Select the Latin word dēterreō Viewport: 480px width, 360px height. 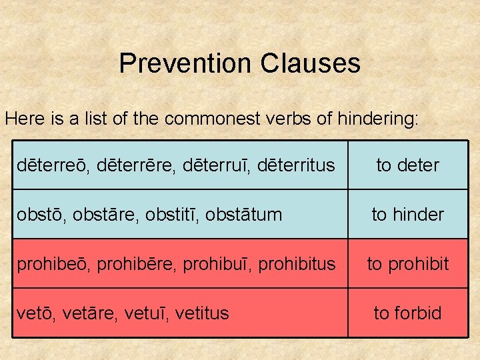click(51, 165)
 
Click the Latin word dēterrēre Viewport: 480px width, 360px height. click(129, 165)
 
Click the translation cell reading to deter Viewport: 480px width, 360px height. click(407, 165)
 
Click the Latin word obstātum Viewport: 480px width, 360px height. click(244, 215)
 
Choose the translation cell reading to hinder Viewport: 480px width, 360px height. click(407, 215)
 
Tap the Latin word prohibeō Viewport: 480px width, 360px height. click(54, 264)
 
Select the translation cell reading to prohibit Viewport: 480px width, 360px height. click(407, 264)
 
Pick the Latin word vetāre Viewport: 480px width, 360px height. click(85, 313)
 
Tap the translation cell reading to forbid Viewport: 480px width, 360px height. click(407, 313)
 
